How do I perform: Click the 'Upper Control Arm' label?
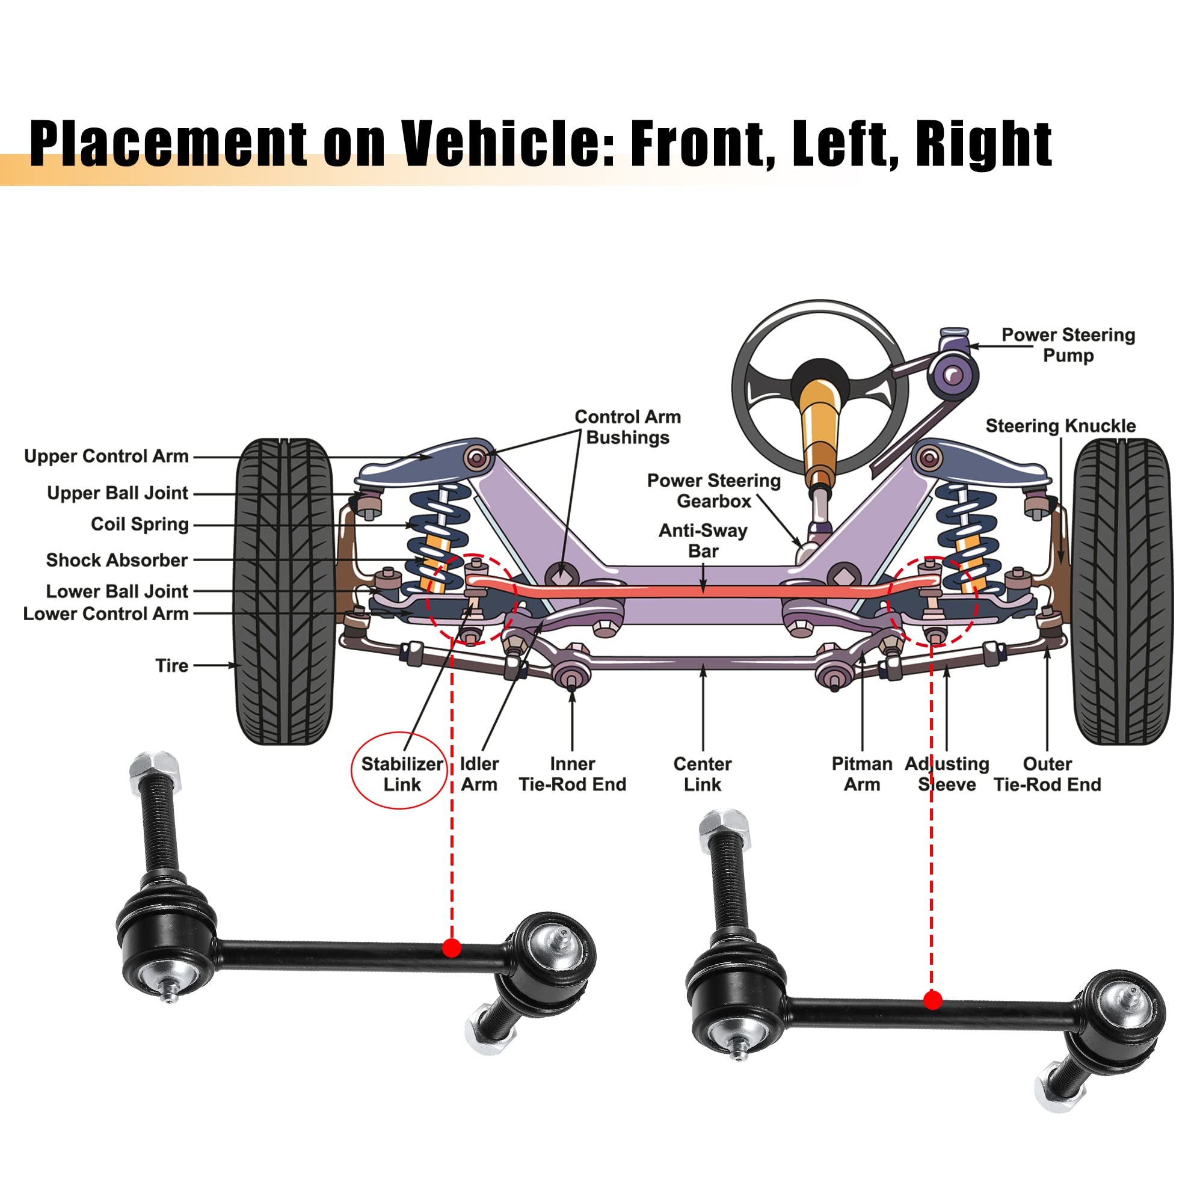pyautogui.click(x=106, y=457)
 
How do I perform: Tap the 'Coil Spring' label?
pyautogui.click(x=140, y=525)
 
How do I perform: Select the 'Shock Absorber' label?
pyautogui.click(x=117, y=561)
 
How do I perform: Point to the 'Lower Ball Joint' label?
pyautogui.click(x=117, y=591)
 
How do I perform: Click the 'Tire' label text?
pyautogui.click(x=172, y=666)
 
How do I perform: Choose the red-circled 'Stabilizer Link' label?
pyautogui.click(x=402, y=774)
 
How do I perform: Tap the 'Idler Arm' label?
pyautogui.click(x=479, y=774)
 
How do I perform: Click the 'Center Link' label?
pyautogui.click(x=703, y=774)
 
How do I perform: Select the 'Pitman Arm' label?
pyautogui.click(x=862, y=774)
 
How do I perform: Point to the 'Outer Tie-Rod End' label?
pyautogui.click(x=1047, y=774)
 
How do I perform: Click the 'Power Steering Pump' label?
pyautogui.click(x=1068, y=345)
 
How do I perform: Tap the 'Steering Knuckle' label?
pyautogui.click(x=1060, y=426)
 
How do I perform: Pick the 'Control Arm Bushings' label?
pyautogui.click(x=627, y=427)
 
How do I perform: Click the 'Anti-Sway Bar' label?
pyautogui.click(x=703, y=541)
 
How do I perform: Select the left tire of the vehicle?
pyautogui.click(x=283, y=591)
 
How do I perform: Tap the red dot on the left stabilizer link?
pyautogui.click(x=452, y=949)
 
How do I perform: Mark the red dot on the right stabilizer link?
pyautogui.click(x=932, y=1001)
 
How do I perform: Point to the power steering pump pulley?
pyautogui.click(x=953, y=375)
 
